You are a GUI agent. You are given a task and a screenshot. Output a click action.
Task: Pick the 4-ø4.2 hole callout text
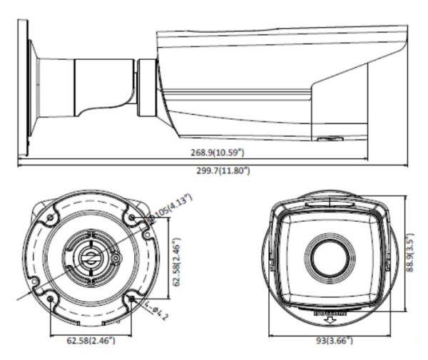[x=160, y=311]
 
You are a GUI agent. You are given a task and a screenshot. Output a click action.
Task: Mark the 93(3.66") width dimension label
[x=334, y=341]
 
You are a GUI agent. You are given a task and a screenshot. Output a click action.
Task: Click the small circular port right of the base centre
[x=114, y=254]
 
